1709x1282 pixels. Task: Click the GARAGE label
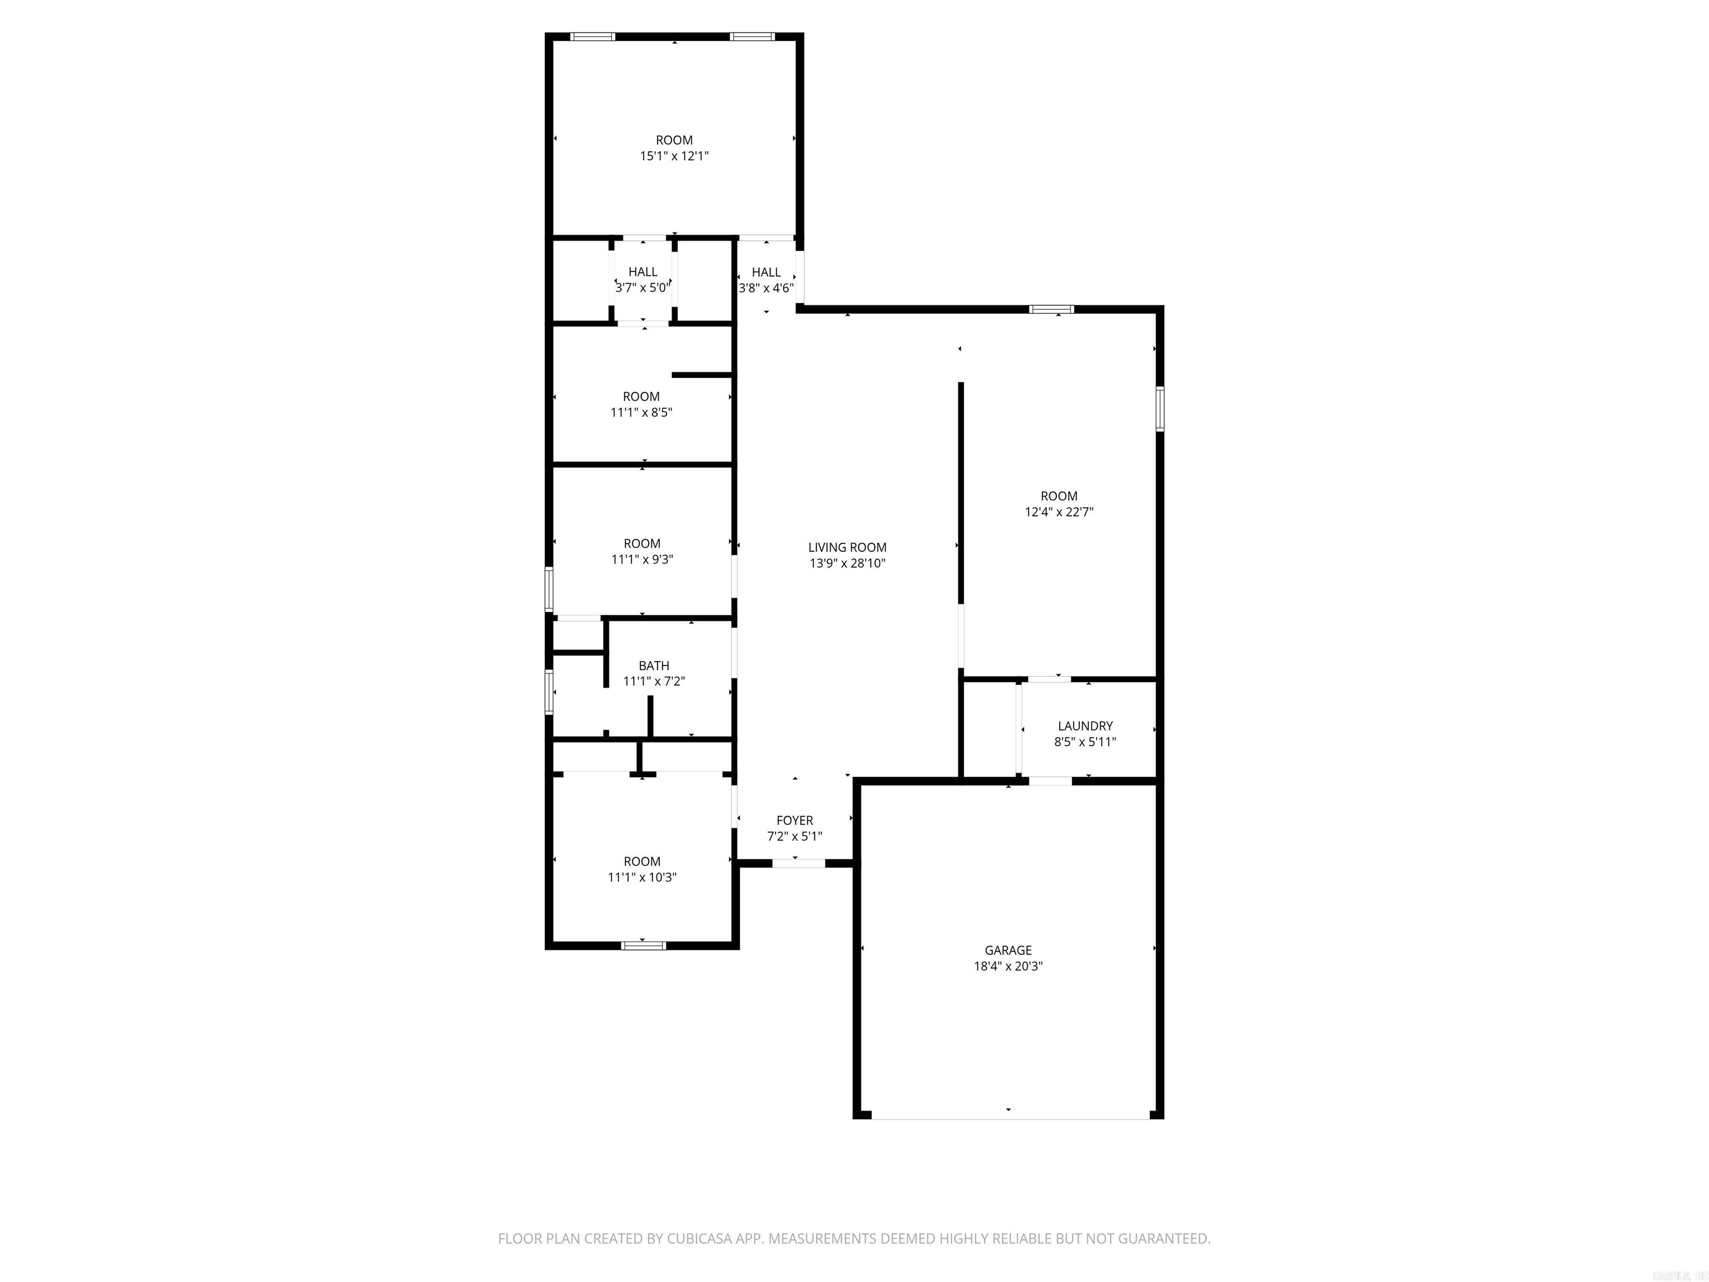[x=1007, y=950]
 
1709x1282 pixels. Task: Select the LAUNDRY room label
[x=1085, y=726]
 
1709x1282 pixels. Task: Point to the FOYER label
[x=794, y=820]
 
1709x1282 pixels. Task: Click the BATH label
[x=654, y=665]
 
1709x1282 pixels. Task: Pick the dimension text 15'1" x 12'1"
[x=674, y=156]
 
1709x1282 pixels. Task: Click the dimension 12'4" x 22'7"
[x=1059, y=511]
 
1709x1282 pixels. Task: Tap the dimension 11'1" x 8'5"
[x=641, y=413]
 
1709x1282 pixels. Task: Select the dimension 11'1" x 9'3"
[x=642, y=559]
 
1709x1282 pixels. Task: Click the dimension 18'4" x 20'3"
[x=1007, y=966]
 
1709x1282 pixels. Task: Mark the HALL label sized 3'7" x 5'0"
[x=643, y=272]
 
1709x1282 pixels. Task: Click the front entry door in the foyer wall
[x=799, y=863]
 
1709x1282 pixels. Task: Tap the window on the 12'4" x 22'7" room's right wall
[x=1160, y=409]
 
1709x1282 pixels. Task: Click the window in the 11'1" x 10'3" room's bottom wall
[x=644, y=945]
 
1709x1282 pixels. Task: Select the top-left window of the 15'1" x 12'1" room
[x=592, y=36]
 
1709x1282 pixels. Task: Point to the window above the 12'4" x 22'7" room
[x=1051, y=309]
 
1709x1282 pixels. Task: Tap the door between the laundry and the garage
[x=1050, y=781]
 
